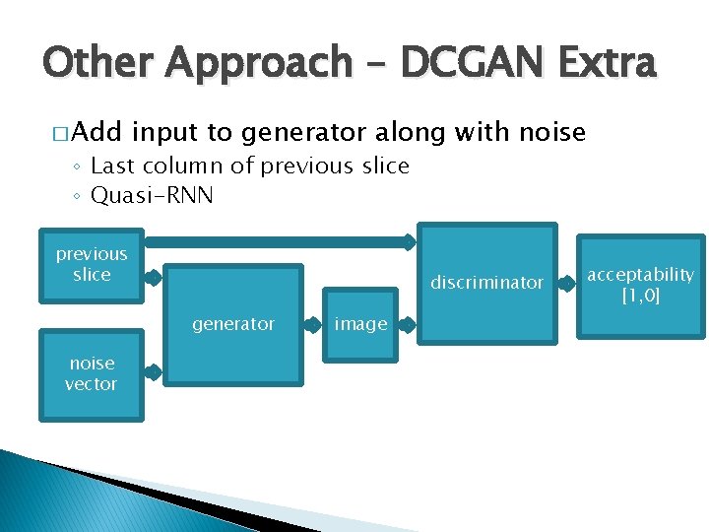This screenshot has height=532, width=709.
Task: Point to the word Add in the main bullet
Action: click(96, 132)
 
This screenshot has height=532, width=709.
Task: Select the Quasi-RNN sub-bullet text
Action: click(152, 196)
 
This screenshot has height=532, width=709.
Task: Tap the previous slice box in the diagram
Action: click(92, 264)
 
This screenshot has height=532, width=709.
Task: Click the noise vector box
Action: click(91, 374)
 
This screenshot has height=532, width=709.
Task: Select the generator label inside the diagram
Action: click(233, 324)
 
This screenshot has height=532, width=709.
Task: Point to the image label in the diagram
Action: click(360, 324)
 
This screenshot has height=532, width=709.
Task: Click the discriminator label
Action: click(486, 283)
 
